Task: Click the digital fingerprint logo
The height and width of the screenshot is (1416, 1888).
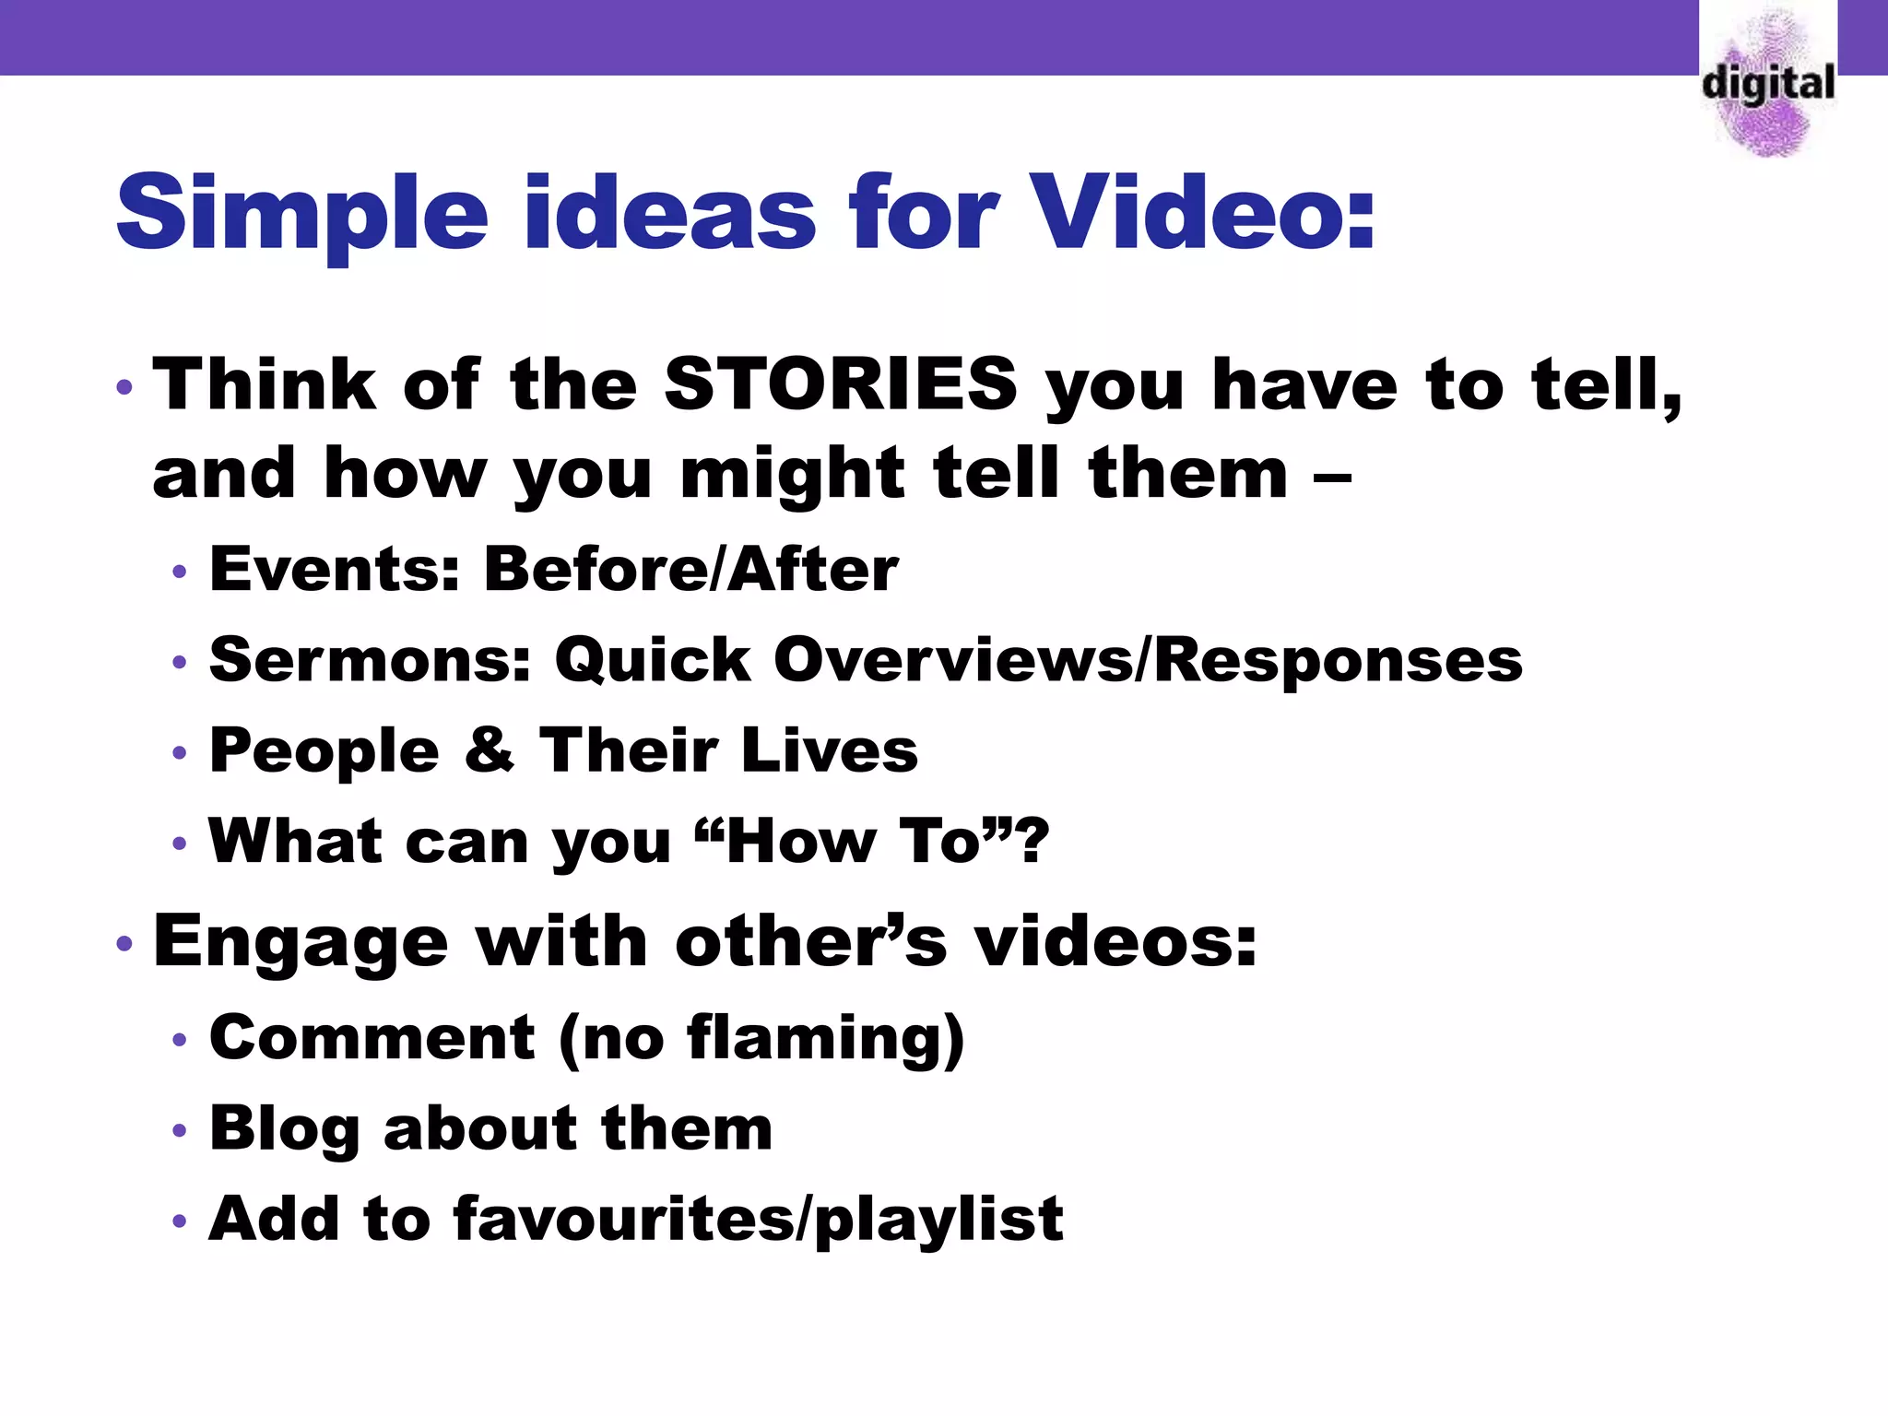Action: click(x=1768, y=83)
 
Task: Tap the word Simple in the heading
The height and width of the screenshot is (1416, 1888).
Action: click(x=301, y=214)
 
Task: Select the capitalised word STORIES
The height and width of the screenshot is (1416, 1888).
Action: click(x=840, y=383)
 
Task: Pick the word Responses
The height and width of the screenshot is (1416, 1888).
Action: click(x=1338, y=660)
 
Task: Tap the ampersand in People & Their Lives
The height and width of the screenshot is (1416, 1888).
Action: click(x=489, y=749)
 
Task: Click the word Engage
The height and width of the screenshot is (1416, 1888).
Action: click(x=301, y=942)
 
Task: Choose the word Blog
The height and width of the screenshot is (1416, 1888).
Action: click(x=284, y=1129)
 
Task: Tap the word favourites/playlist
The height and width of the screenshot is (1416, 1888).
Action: click(x=758, y=1220)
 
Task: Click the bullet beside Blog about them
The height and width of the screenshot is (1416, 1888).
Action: click(x=179, y=1130)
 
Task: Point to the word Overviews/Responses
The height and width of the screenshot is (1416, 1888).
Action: click(x=1148, y=660)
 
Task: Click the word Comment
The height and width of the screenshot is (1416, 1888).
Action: click(x=372, y=1038)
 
